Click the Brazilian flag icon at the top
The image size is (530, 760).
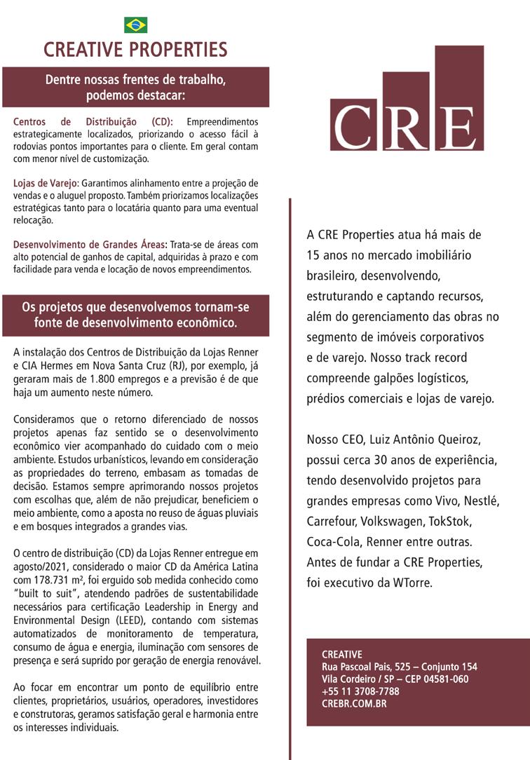click(135, 25)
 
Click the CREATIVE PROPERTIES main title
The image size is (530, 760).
click(135, 50)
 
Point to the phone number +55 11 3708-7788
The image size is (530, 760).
click(360, 691)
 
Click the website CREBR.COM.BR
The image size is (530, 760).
click(354, 703)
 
